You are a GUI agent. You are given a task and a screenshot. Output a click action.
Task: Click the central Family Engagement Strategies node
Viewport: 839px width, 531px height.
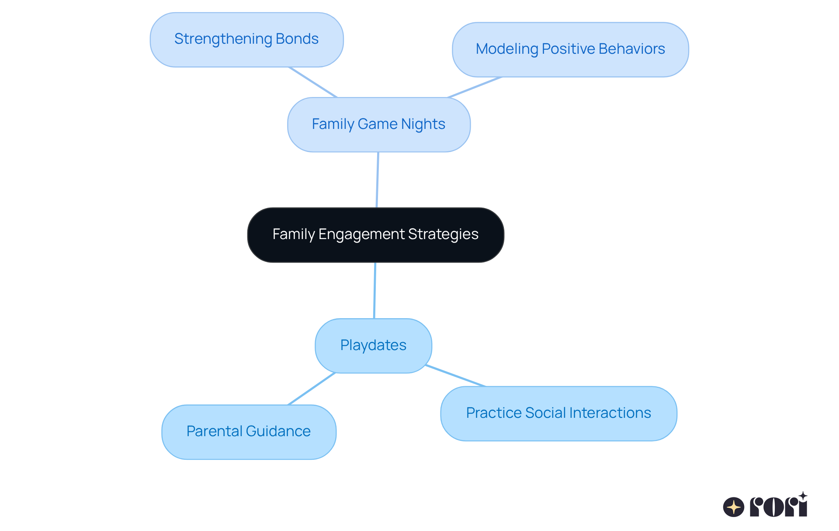pyautogui.click(x=375, y=235)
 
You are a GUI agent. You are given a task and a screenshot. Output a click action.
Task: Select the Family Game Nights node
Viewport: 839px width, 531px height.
pyautogui.click(x=378, y=125)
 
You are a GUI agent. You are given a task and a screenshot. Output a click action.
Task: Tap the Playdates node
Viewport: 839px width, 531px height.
pyautogui.click(x=373, y=346)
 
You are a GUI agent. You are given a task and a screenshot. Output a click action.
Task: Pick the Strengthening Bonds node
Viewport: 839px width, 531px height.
pyautogui.click(x=246, y=39)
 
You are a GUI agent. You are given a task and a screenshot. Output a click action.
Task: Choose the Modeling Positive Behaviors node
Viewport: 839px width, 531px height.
pyautogui.click(x=570, y=49)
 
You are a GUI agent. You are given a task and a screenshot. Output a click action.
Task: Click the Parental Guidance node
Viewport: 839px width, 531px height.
pyautogui.click(x=249, y=432)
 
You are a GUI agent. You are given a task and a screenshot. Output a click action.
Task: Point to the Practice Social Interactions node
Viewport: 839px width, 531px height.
pyautogui.click(x=558, y=413)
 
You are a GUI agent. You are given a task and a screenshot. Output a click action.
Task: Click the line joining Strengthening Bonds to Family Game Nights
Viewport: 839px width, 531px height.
pyautogui.click(x=313, y=82)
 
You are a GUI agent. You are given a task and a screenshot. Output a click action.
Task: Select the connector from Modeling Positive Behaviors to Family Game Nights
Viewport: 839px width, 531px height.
pyautogui.click(x=475, y=87)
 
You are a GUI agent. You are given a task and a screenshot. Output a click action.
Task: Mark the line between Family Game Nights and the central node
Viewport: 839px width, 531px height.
pyautogui.click(x=378, y=180)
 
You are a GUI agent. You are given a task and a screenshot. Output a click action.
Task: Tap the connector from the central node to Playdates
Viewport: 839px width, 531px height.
pyautogui.click(x=374, y=291)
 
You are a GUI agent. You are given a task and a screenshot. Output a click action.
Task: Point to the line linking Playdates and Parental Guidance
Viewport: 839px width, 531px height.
pyautogui.click(x=311, y=389)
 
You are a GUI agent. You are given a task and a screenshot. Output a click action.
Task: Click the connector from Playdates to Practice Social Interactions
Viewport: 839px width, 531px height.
pyautogui.click(x=455, y=375)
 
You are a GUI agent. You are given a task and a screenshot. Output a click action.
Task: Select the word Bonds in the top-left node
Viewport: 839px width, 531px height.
pyautogui.click(x=297, y=39)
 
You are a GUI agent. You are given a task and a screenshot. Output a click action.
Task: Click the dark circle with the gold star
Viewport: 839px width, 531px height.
pyautogui.click(x=734, y=507)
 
